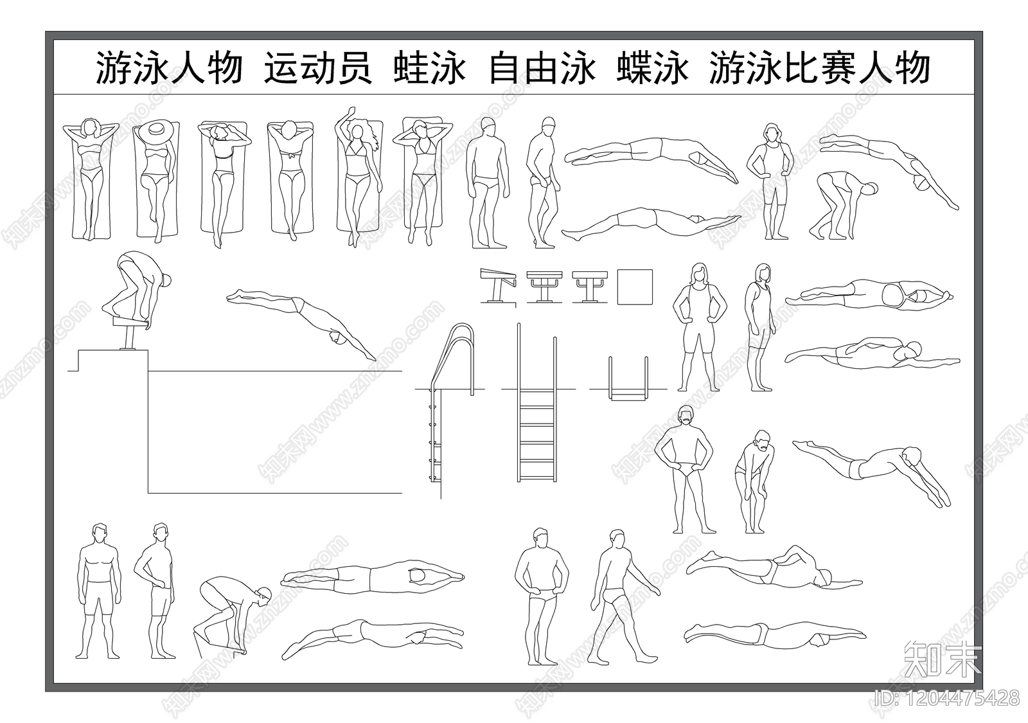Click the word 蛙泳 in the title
429,69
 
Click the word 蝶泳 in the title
652,69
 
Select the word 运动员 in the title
318,69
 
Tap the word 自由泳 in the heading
541,69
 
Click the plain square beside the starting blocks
635,287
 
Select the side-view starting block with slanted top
499,283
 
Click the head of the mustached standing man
687,416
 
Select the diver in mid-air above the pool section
302,321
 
